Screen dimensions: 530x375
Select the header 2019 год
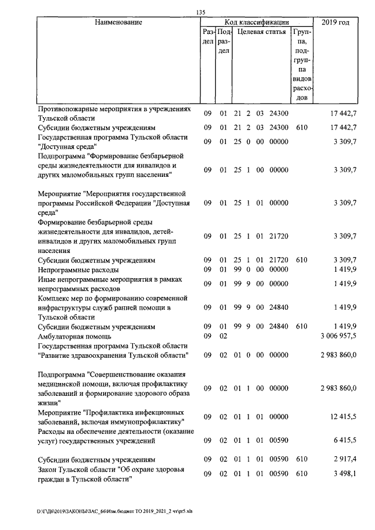click(336, 22)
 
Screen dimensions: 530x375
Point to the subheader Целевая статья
click(261, 32)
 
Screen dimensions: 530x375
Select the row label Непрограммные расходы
click(78, 270)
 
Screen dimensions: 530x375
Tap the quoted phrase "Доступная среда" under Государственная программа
click(67, 146)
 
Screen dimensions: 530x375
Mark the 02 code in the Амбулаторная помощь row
click(223, 337)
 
